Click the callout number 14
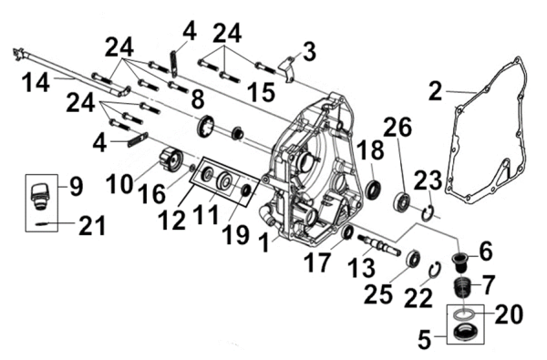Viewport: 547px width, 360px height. [36, 84]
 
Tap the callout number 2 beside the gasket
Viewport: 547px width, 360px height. [435, 91]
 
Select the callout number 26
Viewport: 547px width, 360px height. [397, 128]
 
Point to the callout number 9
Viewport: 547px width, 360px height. [76, 186]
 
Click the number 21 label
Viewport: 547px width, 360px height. [92, 226]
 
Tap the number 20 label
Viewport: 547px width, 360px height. [509, 314]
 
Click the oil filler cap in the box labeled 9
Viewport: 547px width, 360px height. [38, 196]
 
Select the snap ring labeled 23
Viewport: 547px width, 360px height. [428, 213]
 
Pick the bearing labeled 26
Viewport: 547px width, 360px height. [403, 201]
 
